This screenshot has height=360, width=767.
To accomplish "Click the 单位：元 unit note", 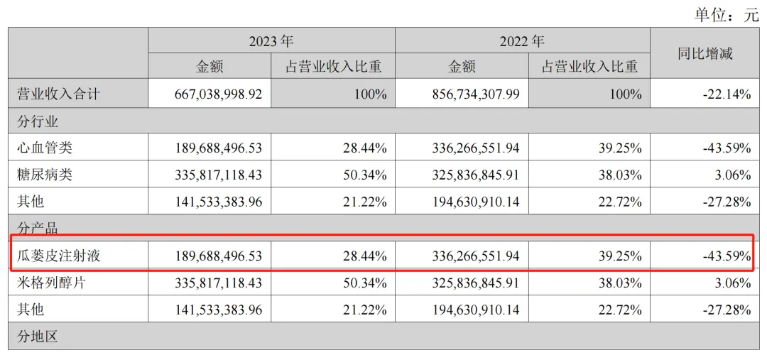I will [x=721, y=15].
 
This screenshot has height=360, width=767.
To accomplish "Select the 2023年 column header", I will [x=271, y=40].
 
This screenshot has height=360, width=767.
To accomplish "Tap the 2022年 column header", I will [x=522, y=40].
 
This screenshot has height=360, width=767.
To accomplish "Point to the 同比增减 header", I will [x=705, y=53].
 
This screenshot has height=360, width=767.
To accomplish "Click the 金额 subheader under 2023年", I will [x=210, y=67].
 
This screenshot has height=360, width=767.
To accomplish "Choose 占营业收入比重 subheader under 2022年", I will [x=589, y=67].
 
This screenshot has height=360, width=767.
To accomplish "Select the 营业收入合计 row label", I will [x=58, y=94].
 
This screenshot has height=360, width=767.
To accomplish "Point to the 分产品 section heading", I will [x=37, y=229].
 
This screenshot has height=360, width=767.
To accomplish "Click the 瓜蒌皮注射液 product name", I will [x=58, y=255].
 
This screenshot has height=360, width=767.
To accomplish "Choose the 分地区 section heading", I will [x=37, y=336].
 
